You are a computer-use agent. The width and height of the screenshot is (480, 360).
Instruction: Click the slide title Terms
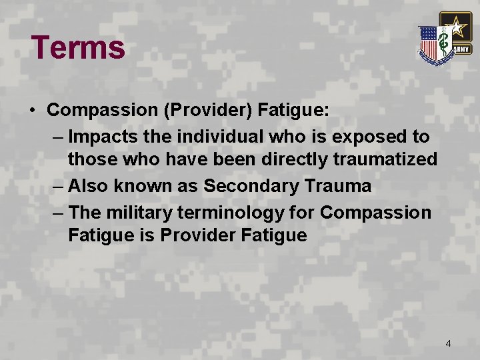[x=78, y=47]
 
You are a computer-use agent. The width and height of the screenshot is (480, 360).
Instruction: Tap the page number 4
[x=448, y=343]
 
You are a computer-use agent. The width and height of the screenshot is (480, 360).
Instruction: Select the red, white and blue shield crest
[x=435, y=43]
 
